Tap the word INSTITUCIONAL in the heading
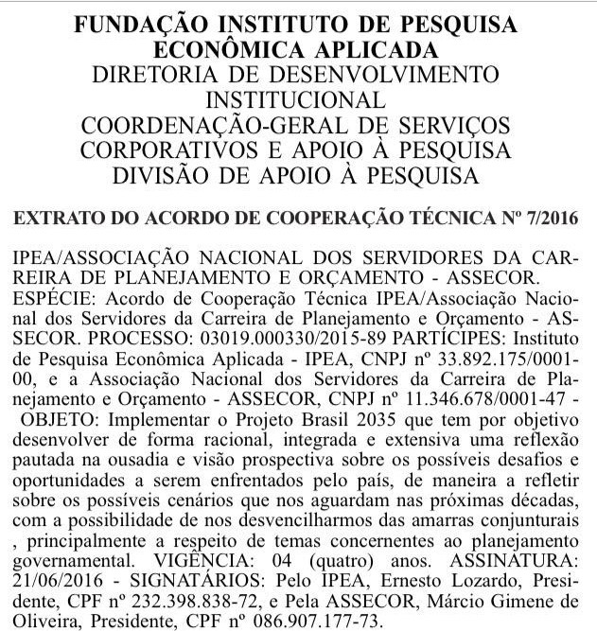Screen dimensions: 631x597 [300, 99]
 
